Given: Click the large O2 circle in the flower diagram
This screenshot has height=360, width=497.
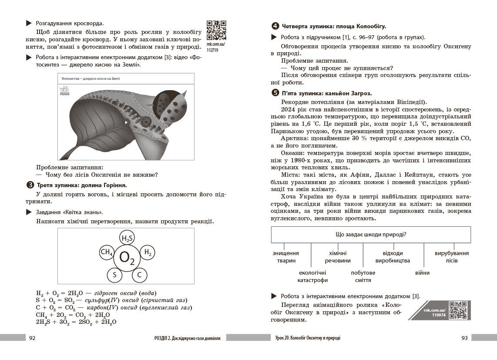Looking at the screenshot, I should click(127, 258).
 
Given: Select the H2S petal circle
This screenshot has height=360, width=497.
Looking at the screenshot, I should click(127, 238).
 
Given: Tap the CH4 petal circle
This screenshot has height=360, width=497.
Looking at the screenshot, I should click(107, 252).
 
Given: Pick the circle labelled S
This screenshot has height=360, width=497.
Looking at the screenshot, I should click(114, 275).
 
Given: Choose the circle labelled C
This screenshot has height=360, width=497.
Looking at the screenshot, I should click(139, 275).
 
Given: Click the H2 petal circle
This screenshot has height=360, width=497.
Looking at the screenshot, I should click(148, 252).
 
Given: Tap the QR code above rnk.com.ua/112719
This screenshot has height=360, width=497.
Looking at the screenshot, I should click(216, 30).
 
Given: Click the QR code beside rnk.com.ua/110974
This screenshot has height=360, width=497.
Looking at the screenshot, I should click(457, 310).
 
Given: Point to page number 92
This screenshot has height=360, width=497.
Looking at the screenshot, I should click(32, 338).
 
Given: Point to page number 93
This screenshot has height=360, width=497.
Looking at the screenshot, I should click(464, 338).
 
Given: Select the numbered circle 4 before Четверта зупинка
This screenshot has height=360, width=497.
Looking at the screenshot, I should click(275, 27).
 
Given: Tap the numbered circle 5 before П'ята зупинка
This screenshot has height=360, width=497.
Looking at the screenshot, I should click(275, 93).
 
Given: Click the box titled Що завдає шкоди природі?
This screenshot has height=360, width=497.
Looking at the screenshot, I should click(371, 235).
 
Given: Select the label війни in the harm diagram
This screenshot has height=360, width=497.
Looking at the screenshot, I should click(422, 273).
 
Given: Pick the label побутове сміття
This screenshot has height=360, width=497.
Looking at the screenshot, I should click(363, 276).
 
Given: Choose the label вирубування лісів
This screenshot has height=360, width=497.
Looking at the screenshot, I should click(452, 257).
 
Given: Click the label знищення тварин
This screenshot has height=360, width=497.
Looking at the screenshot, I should click(285, 257).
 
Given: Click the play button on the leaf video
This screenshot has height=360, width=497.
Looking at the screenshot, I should click(127, 123).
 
